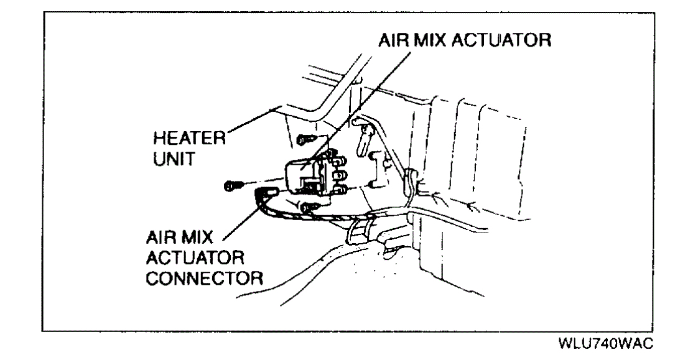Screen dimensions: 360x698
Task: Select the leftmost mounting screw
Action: [233, 185]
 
